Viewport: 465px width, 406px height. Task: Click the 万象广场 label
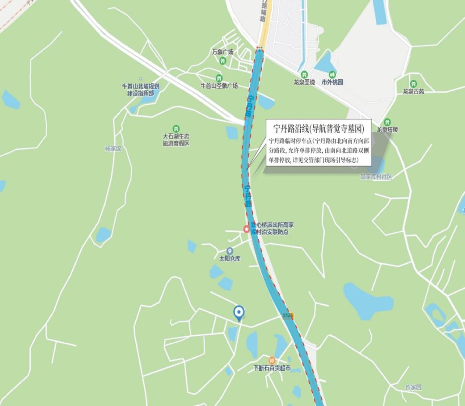[223, 52]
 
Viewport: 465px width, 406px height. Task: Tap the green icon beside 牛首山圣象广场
[219, 78]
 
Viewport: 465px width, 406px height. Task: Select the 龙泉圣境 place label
[304, 82]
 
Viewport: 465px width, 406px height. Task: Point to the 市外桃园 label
[332, 82]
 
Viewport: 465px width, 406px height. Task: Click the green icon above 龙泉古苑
[413, 84]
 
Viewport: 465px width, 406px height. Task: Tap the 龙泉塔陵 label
[387, 129]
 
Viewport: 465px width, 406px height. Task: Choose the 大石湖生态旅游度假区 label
[176, 140]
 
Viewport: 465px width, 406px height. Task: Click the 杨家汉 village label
[114, 149]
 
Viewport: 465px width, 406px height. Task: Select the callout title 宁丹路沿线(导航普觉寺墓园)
[319, 128]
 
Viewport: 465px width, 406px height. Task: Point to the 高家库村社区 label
[376, 177]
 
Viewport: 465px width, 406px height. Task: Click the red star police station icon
[247, 228]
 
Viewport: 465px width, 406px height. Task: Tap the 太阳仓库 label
[229, 259]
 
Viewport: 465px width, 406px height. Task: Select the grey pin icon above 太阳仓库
[230, 251]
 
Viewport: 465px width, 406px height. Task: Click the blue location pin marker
[239, 313]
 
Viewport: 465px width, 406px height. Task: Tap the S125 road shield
[288, 316]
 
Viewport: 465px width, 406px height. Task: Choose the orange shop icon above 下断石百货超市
[272, 360]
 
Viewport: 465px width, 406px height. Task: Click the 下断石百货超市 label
[272, 369]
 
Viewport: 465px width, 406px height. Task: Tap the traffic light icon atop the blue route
[259, 47]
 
